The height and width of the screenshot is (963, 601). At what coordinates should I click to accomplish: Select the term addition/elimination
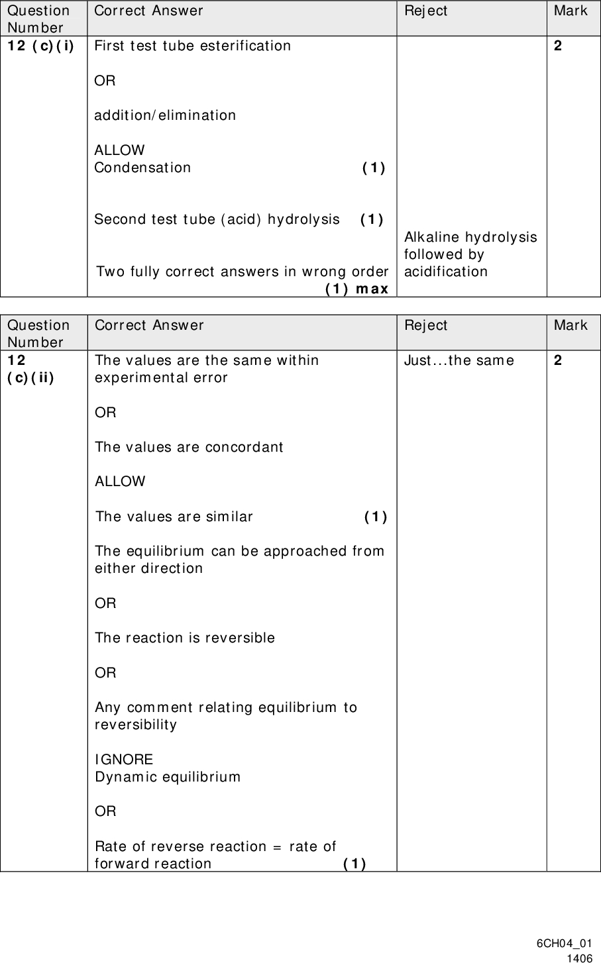[165, 115]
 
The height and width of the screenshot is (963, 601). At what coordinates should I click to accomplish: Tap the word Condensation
[142, 168]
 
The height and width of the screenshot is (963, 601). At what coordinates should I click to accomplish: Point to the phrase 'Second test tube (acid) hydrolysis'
[217, 219]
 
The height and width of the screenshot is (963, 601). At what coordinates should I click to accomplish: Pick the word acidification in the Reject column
[446, 272]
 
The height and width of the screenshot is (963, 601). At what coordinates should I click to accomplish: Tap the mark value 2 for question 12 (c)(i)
[558, 46]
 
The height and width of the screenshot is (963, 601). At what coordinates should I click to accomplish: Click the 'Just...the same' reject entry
[459, 360]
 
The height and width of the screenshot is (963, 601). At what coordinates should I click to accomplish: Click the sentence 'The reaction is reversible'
[185, 638]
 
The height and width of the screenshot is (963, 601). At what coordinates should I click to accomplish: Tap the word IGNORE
[124, 760]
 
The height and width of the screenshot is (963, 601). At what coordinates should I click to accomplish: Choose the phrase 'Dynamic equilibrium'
[168, 777]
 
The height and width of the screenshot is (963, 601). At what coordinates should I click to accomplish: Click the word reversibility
[136, 725]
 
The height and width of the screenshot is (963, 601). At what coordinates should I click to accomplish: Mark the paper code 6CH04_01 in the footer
[565, 944]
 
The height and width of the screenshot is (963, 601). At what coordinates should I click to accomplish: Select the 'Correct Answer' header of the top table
[148, 11]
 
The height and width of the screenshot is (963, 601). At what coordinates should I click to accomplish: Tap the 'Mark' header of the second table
[571, 325]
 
